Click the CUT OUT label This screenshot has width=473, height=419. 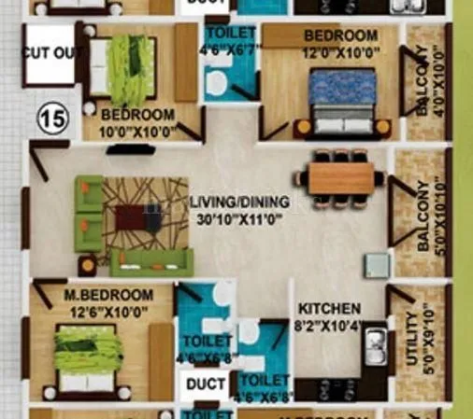click(x=48, y=54)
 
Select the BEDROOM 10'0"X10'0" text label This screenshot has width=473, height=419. click(x=137, y=122)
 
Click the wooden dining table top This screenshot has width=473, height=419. click(x=340, y=177)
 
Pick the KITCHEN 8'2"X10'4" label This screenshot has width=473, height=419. click(x=329, y=315)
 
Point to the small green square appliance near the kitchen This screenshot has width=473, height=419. click(x=377, y=263)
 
